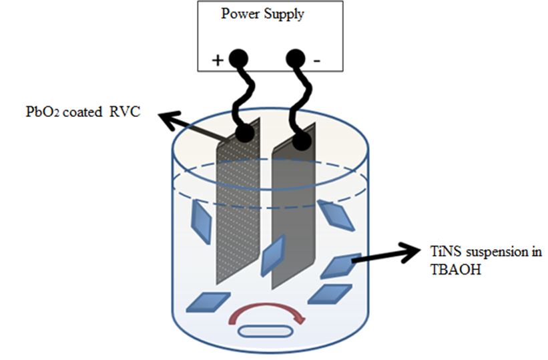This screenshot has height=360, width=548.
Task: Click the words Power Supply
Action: click(x=262, y=14)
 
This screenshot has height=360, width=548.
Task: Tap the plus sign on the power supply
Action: click(x=218, y=60)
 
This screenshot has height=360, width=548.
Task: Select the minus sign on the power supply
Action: click(x=316, y=61)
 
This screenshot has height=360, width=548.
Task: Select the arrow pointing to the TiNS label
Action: click(x=387, y=257)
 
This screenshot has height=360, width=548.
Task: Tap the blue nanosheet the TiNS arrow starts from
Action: click(x=340, y=266)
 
